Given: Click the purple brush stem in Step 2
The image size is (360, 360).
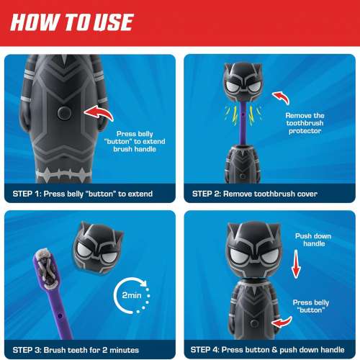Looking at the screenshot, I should click(240, 122).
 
